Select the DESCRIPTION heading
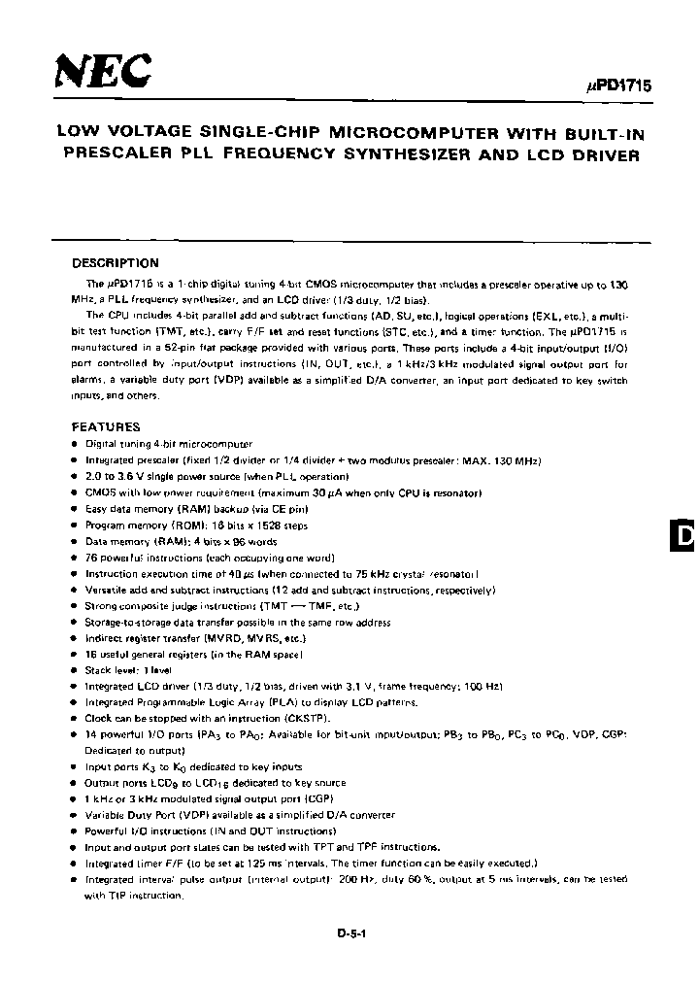[116, 263]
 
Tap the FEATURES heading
[106, 426]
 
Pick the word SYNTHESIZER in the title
[428, 154]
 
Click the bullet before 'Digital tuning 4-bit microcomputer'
[76, 443]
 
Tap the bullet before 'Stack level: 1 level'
[76, 669]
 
